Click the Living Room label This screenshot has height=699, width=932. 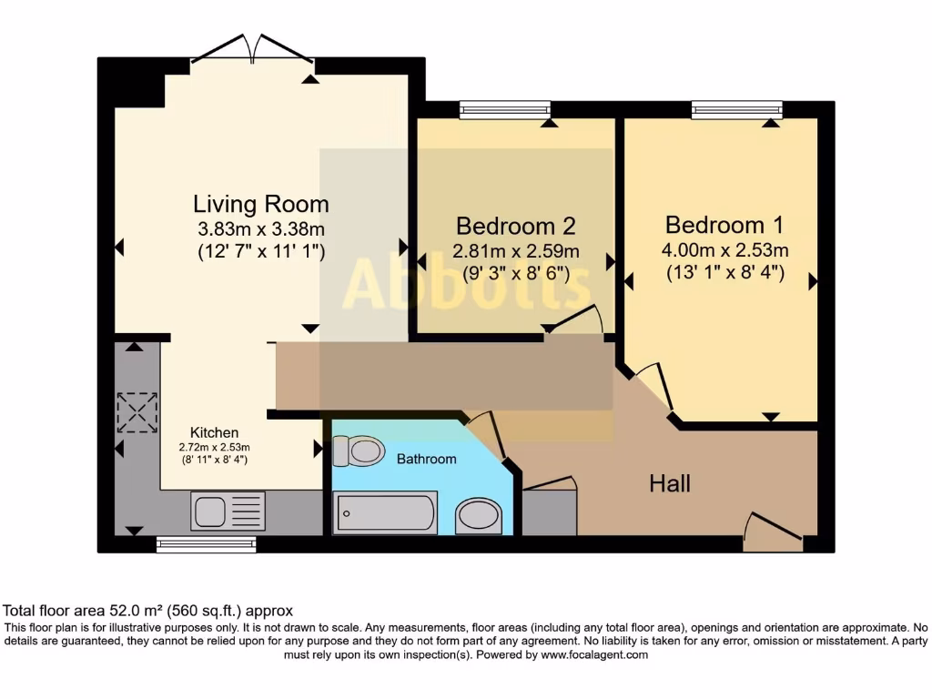click(x=260, y=203)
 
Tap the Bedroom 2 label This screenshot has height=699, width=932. click(x=515, y=225)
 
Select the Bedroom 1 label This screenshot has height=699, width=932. click(x=724, y=224)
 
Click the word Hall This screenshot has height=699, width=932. click(x=669, y=483)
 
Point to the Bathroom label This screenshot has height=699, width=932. click(x=426, y=459)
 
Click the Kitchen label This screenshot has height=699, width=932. click(x=214, y=432)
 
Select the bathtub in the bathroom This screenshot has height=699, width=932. click(x=386, y=512)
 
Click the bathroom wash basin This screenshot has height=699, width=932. click(x=479, y=515)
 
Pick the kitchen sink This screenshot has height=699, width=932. click(x=228, y=511)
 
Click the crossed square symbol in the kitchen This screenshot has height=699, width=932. click(x=137, y=412)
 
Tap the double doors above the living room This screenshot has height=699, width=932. click(x=253, y=49)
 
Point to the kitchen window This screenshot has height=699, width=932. click(x=206, y=544)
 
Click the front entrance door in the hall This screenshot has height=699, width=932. click(x=772, y=532)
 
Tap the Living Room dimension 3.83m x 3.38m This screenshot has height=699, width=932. click(x=260, y=228)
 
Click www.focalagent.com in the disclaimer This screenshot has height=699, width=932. click(x=593, y=654)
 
